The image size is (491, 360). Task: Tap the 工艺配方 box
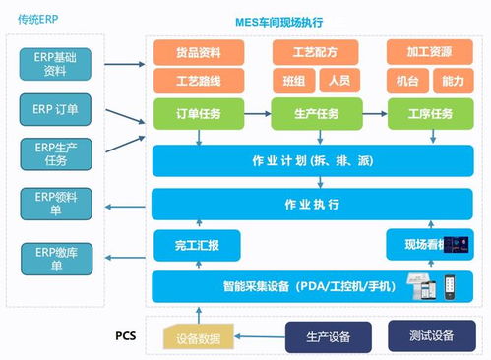point(315,52)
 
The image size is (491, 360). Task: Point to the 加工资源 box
point(427,52)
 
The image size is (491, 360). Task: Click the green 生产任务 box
point(315,114)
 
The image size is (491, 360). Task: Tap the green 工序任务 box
point(427,114)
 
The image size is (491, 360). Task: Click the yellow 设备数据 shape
point(203,337)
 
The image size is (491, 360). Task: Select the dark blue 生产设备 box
point(328,336)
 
